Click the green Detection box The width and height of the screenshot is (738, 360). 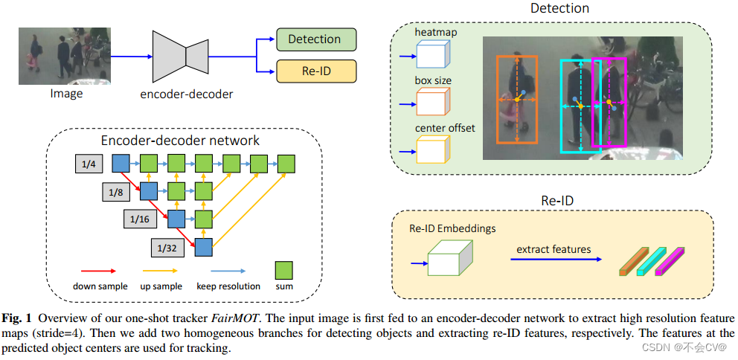click(316, 39)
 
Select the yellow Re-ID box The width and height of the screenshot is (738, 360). click(316, 71)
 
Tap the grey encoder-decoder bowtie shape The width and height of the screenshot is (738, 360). click(181, 57)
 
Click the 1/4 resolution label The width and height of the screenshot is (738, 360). click(89, 164)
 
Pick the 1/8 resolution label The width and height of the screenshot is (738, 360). click(115, 192)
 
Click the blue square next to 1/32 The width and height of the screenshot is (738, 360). click(204, 247)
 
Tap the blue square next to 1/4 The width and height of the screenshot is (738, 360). click(121, 164)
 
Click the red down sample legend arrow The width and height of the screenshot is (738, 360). click(99, 271)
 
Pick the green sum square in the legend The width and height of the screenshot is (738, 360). click(283, 271)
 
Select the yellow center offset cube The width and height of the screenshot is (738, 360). click(434, 150)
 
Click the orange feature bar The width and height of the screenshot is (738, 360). click(632, 262)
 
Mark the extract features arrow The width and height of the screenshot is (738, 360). click(556, 260)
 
